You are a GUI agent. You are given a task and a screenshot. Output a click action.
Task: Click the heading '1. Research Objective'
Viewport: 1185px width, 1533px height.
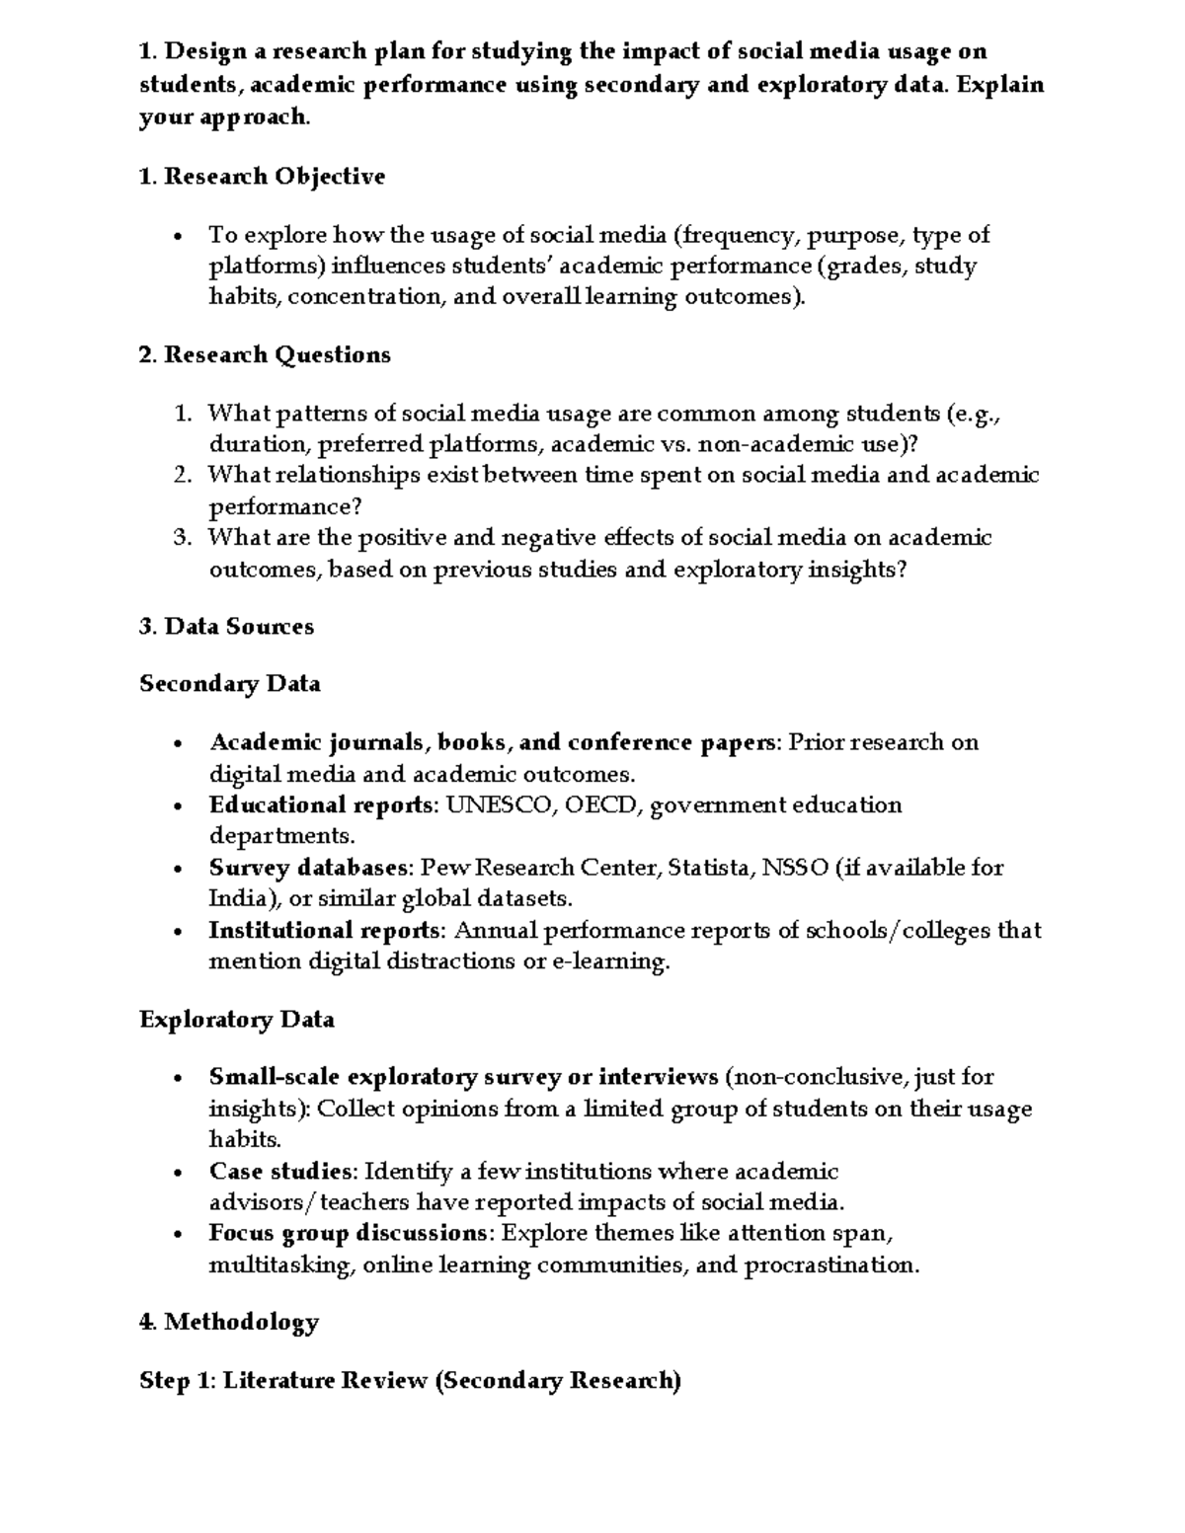coord(262,177)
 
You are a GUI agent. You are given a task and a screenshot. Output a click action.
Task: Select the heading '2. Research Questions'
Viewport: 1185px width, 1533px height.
coord(265,354)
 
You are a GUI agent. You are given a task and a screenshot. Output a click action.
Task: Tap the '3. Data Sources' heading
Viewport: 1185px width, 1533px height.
coord(226,627)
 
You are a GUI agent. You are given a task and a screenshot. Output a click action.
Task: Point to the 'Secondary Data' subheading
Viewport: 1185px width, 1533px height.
coord(229,684)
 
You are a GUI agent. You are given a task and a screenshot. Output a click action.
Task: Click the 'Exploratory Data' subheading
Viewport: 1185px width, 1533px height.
coord(236,1020)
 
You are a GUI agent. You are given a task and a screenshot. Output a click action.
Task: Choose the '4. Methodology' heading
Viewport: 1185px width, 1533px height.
coord(229,1322)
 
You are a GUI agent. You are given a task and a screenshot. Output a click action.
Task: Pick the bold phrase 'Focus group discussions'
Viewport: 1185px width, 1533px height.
coord(347,1234)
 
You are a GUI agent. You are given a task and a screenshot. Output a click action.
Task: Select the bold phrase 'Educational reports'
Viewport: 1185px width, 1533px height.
coord(321,805)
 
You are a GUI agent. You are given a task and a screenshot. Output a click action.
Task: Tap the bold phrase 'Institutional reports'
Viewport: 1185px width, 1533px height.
coord(324,931)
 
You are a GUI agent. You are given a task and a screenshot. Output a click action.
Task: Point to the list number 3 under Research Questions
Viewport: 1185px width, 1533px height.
coord(182,538)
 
